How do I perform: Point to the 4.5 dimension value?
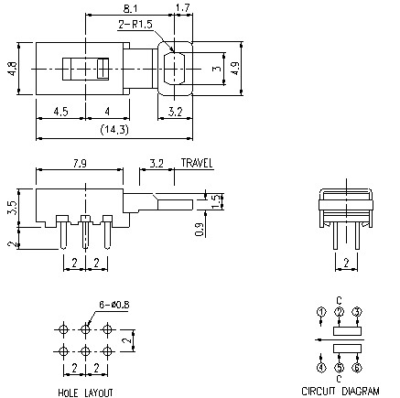tap(60, 112)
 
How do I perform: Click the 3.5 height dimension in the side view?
tap(12, 206)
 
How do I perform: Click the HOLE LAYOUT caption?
tap(86, 392)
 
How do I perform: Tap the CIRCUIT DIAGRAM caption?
tap(340, 391)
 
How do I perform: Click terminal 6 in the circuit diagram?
tap(357, 369)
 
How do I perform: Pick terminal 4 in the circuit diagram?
tap(321, 369)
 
